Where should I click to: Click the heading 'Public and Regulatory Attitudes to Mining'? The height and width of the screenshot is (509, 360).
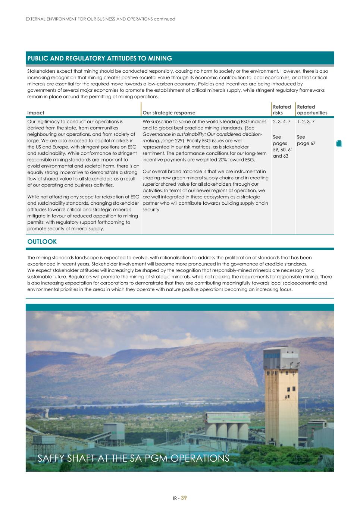click(x=100, y=59)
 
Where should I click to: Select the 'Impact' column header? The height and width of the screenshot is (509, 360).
click(x=36, y=113)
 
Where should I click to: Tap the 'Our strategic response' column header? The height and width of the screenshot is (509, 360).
click(x=169, y=113)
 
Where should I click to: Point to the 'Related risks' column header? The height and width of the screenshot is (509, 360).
click(x=282, y=110)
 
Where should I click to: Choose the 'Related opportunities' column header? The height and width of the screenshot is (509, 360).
click(x=312, y=110)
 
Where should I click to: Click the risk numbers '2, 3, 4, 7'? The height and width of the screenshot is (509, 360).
click(x=282, y=122)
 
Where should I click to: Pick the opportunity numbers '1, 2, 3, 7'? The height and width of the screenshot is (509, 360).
click(x=306, y=122)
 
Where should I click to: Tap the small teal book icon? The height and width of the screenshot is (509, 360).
click(x=339, y=144)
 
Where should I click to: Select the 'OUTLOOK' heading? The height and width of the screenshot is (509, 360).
click(x=42, y=242)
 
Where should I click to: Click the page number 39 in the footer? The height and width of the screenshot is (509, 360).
click(x=184, y=498)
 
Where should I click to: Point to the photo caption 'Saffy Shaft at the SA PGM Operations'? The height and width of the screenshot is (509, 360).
click(x=133, y=458)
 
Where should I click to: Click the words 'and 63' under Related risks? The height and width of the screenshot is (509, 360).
click(x=281, y=156)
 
